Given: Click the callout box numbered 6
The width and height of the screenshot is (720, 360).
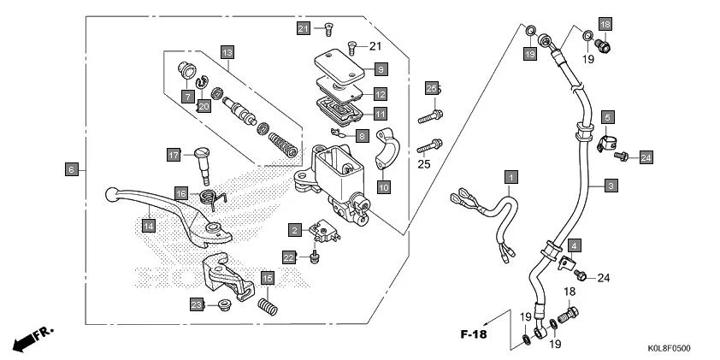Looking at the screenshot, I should click(x=72, y=169).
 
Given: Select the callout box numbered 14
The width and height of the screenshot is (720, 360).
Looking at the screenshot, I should click(x=149, y=226).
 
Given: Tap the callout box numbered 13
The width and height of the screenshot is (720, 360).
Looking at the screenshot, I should click(x=227, y=52).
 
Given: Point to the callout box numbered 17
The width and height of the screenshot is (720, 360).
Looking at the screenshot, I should click(x=174, y=155).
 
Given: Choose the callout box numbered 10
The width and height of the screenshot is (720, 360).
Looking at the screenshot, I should click(x=384, y=186).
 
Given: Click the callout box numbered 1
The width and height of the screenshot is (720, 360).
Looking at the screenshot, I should click(x=510, y=178).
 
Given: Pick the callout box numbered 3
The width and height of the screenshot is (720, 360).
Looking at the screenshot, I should click(x=610, y=185).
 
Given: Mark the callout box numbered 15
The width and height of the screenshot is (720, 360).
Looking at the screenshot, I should click(x=268, y=279).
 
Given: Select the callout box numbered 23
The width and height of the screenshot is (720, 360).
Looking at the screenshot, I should click(x=196, y=304).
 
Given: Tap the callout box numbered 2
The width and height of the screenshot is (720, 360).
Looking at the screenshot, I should click(x=293, y=230).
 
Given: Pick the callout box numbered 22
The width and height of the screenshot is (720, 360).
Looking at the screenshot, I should click(x=289, y=257).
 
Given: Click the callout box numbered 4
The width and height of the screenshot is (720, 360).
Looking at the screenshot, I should click(x=575, y=245).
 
